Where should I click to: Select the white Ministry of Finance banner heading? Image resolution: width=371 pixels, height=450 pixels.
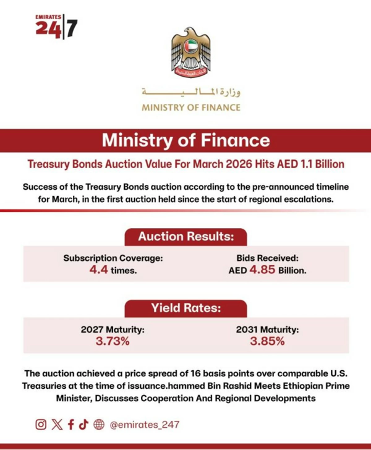185,141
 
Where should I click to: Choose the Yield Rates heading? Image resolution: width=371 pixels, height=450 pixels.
185,308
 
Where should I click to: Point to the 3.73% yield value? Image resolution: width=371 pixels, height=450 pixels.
113,341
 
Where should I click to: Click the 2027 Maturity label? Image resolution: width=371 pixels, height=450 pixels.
113,329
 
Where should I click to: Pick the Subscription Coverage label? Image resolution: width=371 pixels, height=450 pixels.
113,258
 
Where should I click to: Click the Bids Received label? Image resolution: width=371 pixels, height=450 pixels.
268,258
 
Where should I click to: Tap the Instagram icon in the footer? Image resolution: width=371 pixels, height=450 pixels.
41,424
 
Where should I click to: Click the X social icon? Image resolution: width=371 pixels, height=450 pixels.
58,424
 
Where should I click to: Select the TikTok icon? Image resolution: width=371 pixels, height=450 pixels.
83,424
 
